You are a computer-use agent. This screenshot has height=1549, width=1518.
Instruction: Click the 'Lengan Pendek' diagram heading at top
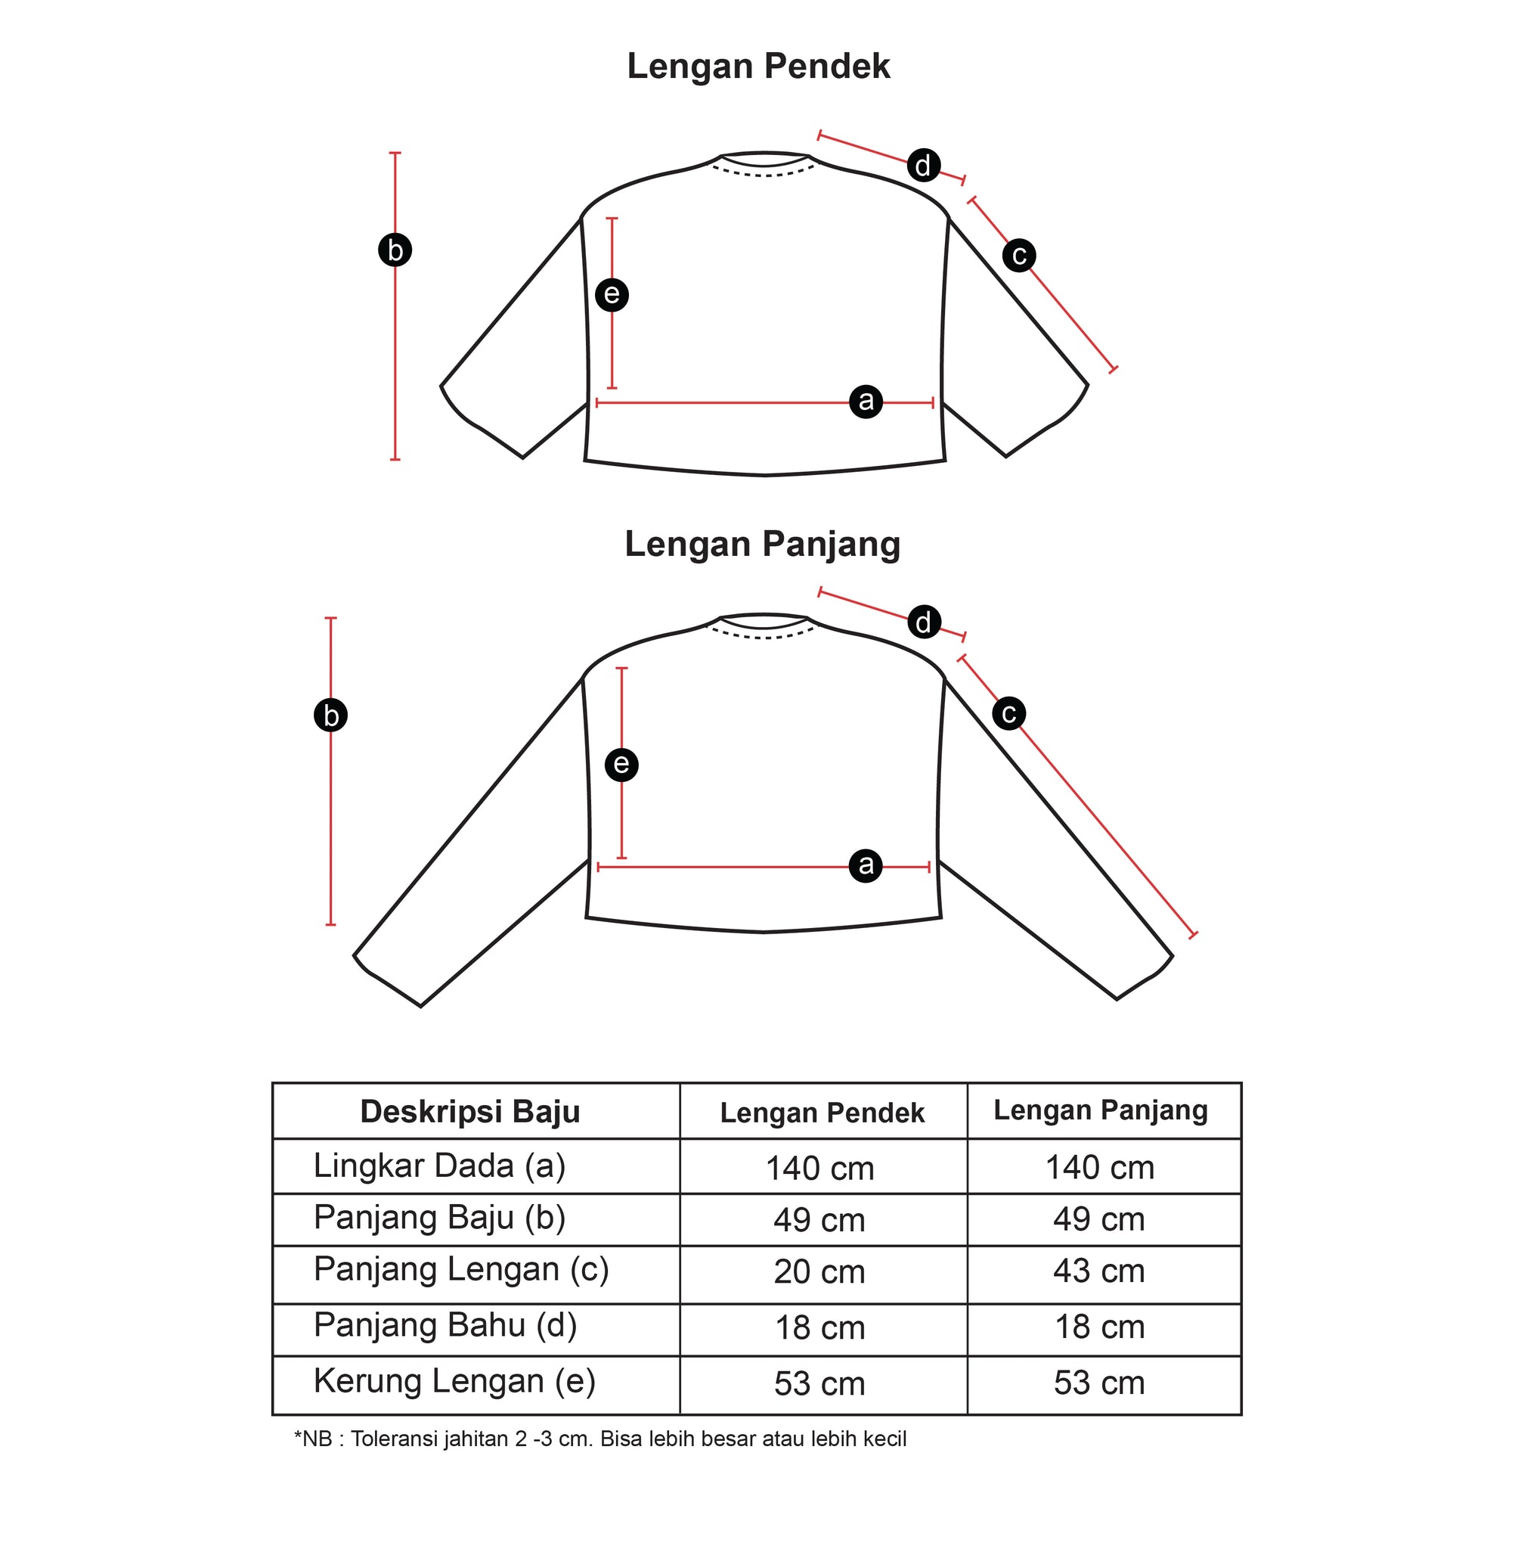[x=758, y=67]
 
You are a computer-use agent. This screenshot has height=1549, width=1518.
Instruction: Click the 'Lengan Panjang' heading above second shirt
[x=762, y=545]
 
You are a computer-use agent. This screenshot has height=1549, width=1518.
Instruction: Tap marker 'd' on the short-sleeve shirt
[x=923, y=165]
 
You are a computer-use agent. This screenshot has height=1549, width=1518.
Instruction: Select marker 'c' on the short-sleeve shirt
[x=1018, y=255]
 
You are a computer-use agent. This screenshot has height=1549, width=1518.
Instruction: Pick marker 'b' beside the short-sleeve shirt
[x=395, y=250]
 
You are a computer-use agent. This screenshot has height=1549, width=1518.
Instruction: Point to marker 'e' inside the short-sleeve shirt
[x=612, y=294]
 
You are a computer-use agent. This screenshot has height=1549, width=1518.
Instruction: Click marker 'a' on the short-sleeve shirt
[x=866, y=400]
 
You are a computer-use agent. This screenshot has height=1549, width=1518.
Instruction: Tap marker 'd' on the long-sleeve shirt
[x=924, y=622]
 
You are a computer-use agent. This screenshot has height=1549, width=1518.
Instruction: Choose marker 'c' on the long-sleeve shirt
[x=1008, y=712]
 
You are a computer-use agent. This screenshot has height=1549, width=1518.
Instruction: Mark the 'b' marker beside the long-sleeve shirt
[x=330, y=716]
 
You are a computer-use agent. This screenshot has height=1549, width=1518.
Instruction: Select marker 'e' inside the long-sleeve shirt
[x=621, y=764]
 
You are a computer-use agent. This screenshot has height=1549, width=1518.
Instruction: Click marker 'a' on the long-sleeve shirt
[x=866, y=865]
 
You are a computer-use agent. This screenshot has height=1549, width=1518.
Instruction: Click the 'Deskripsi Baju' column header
[x=469, y=1111]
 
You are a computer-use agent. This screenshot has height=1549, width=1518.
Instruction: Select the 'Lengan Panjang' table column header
[x=1100, y=1111]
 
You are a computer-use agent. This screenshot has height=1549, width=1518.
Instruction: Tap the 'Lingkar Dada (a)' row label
[x=439, y=1166]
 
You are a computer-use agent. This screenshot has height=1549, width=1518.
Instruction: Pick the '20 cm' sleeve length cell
[x=819, y=1271]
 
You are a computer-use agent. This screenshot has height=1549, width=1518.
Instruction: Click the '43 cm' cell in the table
[x=1098, y=1271]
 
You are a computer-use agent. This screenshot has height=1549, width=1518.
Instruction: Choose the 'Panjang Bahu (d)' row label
[x=445, y=1325]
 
